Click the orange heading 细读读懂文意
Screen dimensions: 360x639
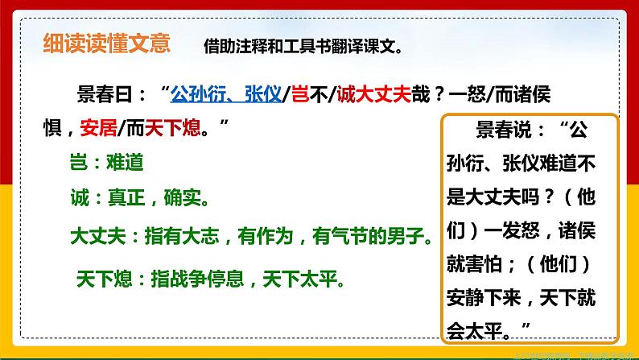pos(106,43)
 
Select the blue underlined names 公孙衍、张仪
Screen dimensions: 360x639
pos(225,94)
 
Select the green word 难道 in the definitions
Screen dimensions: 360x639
pos(125,162)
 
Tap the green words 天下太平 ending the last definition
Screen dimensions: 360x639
pos(308,279)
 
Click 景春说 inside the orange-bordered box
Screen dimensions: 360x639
pos(501,130)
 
